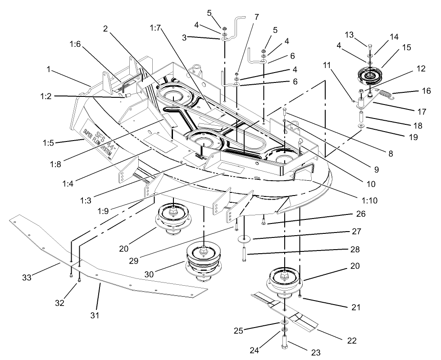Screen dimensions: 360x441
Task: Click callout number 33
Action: pyautogui.click(x=27, y=278)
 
